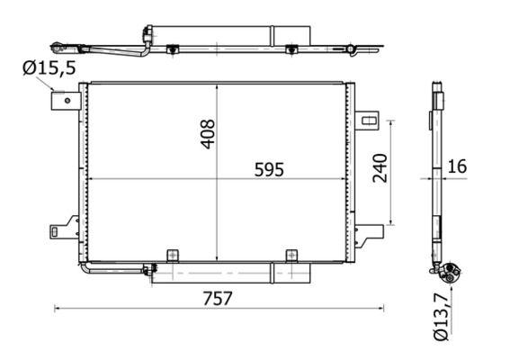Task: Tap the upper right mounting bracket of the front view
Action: point(368,118)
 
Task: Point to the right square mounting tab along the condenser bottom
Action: point(291,256)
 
